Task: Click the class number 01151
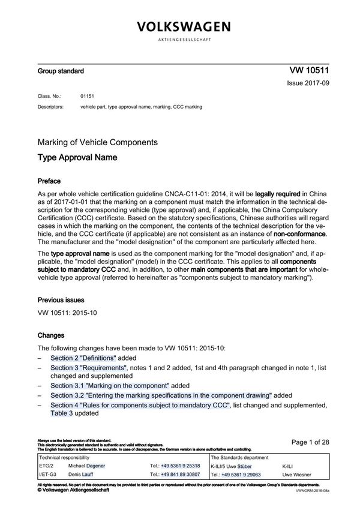88,96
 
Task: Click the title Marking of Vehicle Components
97,142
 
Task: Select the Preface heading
49,181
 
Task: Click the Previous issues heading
61,299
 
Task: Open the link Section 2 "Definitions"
82,358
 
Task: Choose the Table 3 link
61,413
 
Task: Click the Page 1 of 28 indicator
310,442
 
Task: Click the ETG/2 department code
46,466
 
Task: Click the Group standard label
61,71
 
